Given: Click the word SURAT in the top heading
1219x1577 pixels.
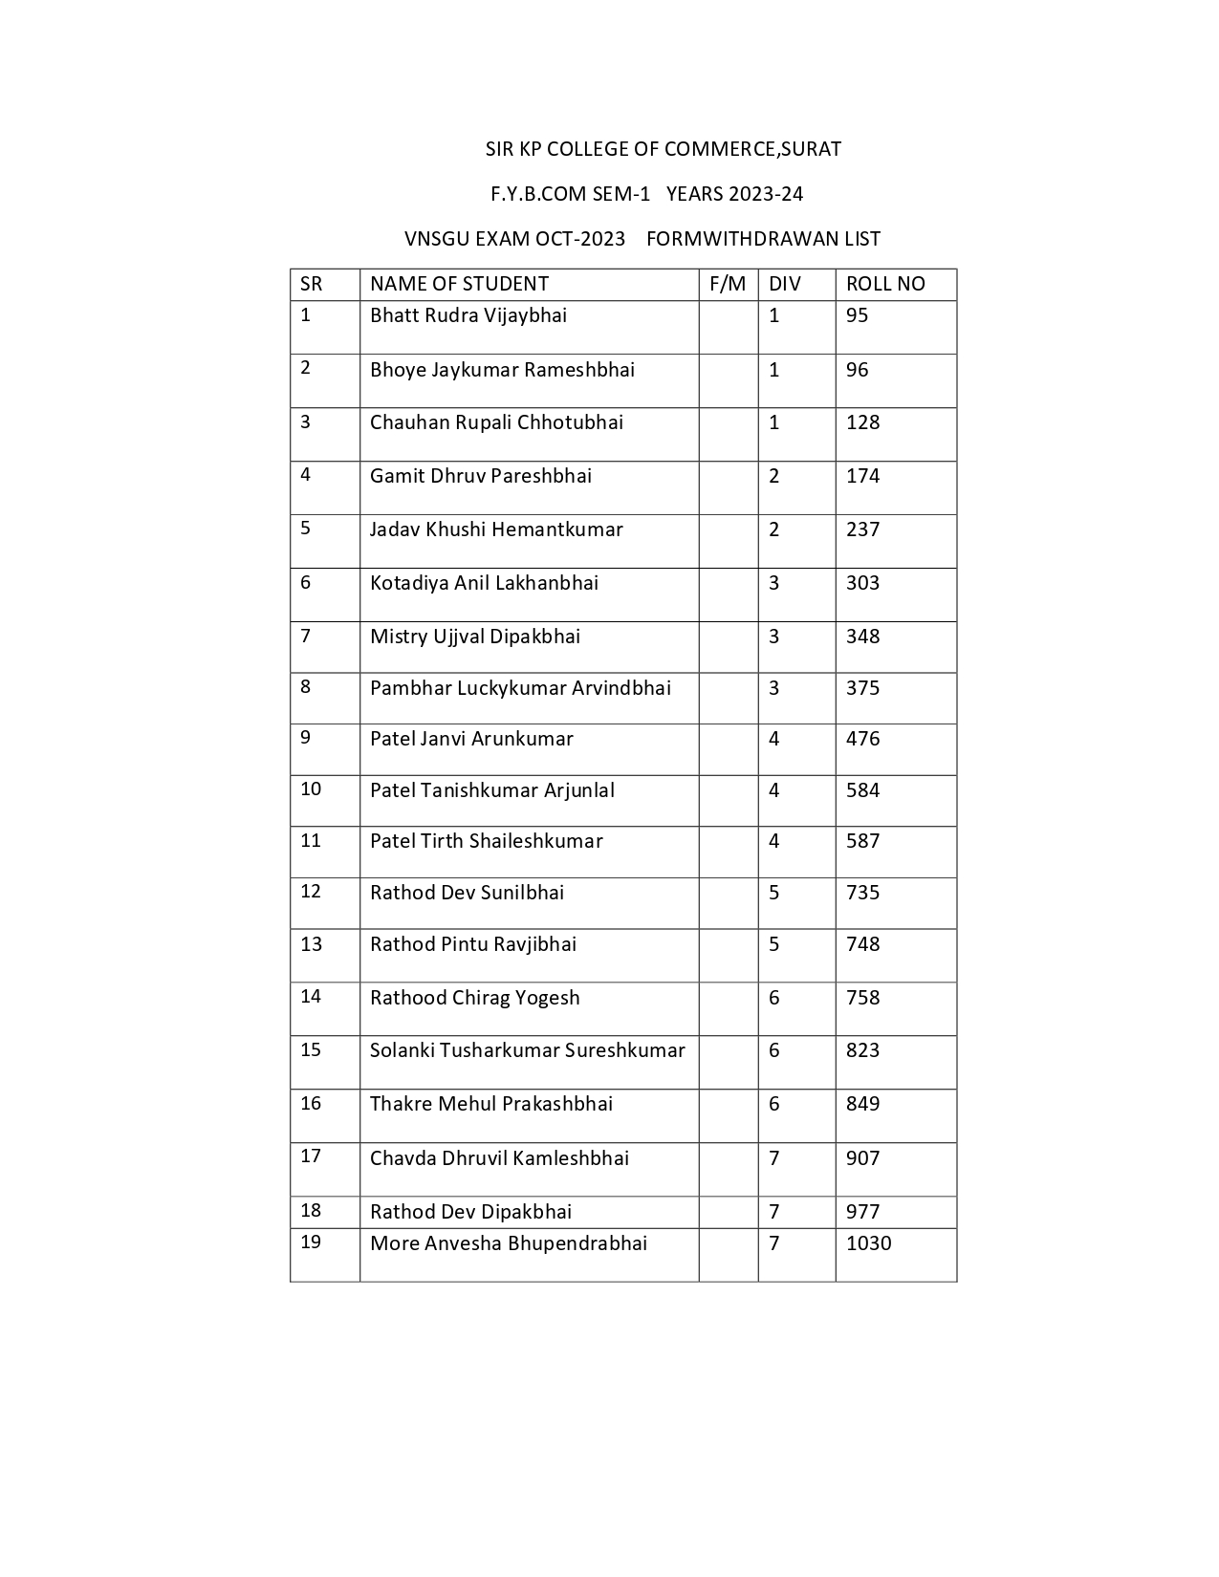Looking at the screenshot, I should click(x=811, y=149).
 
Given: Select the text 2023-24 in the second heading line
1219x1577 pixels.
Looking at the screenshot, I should click(x=765, y=194).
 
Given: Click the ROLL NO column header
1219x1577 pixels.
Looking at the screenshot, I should click(x=885, y=284).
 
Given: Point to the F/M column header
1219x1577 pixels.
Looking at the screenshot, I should click(x=728, y=284).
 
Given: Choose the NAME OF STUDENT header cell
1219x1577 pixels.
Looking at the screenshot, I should click(x=459, y=284).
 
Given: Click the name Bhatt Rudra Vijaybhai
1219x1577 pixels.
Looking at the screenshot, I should click(x=468, y=315).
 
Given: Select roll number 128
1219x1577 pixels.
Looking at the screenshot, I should click(x=862, y=422).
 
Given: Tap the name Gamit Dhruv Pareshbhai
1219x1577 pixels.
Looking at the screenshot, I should click(x=481, y=476).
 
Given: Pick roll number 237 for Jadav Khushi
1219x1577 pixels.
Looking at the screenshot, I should click(x=862, y=529).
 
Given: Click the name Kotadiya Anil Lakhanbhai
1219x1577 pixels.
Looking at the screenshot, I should click(x=484, y=583).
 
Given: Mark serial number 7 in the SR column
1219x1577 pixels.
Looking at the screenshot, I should click(x=306, y=636).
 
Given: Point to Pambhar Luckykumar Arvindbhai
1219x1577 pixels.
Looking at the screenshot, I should click(x=520, y=688).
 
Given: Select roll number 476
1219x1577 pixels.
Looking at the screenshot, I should click(x=862, y=739).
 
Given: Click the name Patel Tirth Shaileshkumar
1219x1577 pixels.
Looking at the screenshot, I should click(x=486, y=841).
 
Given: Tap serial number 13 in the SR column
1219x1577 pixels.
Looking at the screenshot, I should click(x=311, y=944).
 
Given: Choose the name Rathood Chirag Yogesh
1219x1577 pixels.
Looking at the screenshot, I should click(x=474, y=998).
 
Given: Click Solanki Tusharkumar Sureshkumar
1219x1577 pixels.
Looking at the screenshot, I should click(x=527, y=1050).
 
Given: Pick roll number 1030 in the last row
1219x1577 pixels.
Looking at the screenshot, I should click(x=868, y=1243).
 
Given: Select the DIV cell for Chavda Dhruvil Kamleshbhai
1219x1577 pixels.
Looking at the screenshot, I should click(x=774, y=1158).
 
